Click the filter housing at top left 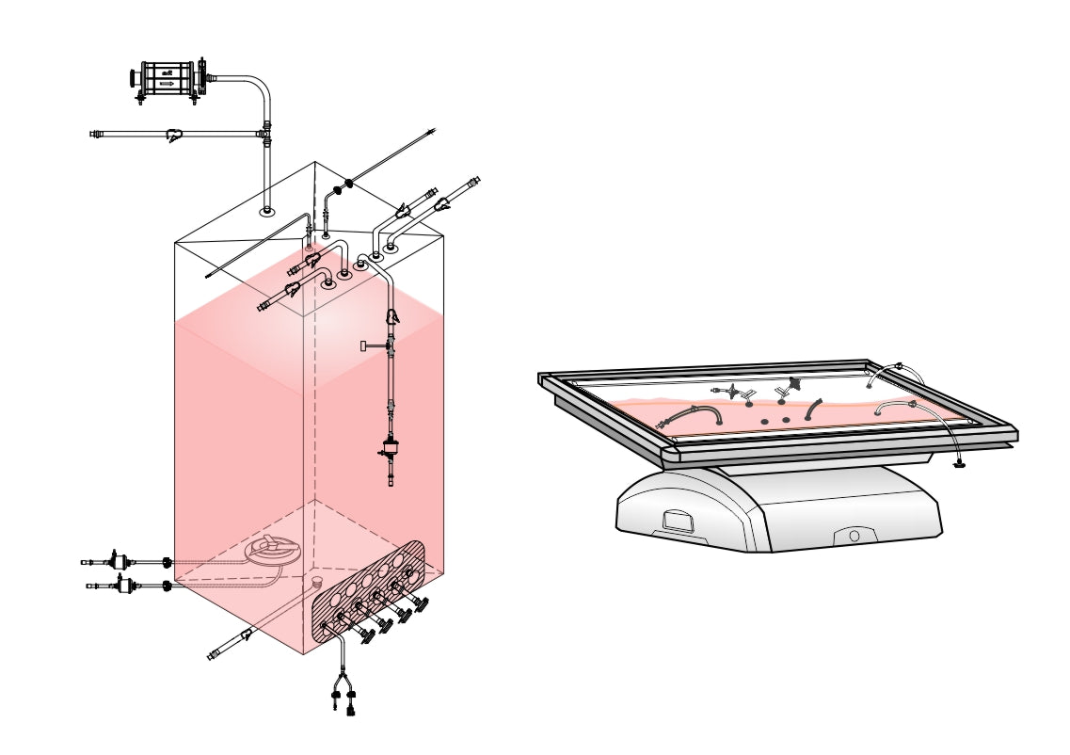tap(168, 77)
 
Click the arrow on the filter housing tap(167, 84)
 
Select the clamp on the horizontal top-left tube tap(174, 136)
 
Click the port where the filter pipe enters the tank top tap(267, 211)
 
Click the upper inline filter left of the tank tap(120, 562)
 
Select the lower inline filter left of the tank tap(123, 586)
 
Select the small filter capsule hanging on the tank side tap(391, 449)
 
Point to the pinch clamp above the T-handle tap(392, 318)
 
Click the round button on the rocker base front tap(854, 536)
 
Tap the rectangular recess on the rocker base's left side tap(678, 521)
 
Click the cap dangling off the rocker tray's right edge tap(959, 463)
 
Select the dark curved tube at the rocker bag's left tap(696, 414)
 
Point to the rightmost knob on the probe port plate tap(420, 602)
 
